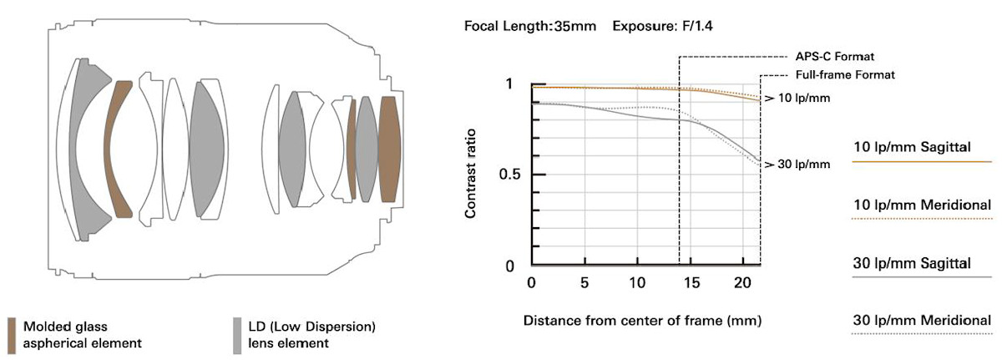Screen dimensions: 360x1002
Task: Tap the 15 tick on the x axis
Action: (x=691, y=284)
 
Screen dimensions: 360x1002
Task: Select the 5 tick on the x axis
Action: (x=584, y=284)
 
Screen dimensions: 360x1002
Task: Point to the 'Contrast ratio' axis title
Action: (x=472, y=175)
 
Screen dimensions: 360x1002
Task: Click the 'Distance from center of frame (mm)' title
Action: (x=643, y=320)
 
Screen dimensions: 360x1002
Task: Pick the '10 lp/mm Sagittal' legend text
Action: (x=911, y=147)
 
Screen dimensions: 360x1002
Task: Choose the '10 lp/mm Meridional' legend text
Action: (x=922, y=205)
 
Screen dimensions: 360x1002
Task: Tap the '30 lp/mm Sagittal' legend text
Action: (x=911, y=263)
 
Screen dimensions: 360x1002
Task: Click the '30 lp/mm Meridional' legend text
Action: (x=922, y=320)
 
